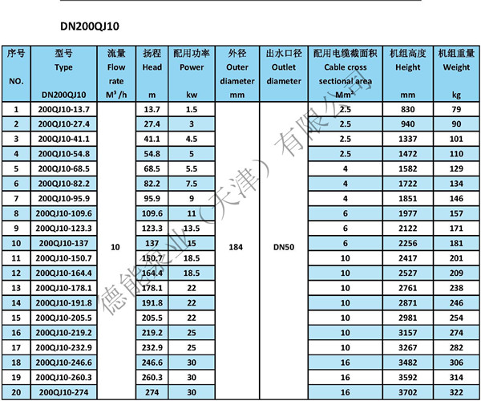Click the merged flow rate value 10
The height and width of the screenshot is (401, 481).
point(115,248)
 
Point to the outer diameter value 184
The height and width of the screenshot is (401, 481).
point(236,248)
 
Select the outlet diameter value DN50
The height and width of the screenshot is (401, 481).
point(284,248)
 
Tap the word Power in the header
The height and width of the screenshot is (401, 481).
point(192,67)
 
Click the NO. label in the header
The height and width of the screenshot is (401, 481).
point(16,82)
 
